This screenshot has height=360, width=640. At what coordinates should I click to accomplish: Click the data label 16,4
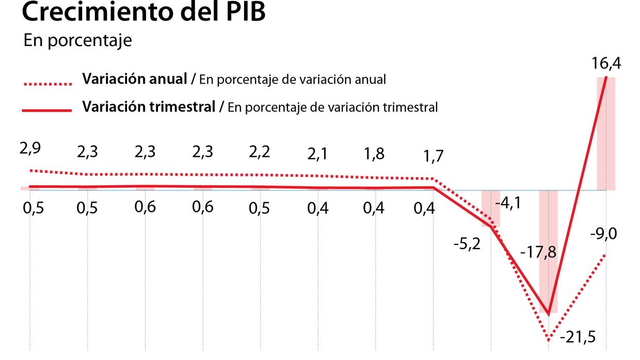[x=607, y=64]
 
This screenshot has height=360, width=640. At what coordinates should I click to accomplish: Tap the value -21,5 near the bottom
[x=578, y=337]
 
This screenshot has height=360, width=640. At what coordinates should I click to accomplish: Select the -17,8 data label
[x=538, y=253]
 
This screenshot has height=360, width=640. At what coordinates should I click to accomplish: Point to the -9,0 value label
[x=603, y=234]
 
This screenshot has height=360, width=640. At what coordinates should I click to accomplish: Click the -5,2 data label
[x=467, y=243]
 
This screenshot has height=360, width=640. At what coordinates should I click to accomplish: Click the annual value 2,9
[x=30, y=149]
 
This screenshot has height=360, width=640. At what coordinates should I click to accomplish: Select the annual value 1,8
[x=374, y=154]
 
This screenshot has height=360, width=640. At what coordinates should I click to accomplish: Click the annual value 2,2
[x=259, y=152]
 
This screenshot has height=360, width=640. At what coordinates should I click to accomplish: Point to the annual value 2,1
[x=317, y=153]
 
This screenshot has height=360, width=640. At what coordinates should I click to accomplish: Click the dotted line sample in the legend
[x=47, y=83]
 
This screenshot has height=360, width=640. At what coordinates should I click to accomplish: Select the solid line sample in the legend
[x=47, y=110]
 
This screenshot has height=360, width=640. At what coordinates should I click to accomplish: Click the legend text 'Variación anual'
[x=135, y=79]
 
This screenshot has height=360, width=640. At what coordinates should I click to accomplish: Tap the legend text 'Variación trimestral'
[x=149, y=107]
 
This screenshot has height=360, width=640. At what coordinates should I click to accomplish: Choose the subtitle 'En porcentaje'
[x=77, y=41]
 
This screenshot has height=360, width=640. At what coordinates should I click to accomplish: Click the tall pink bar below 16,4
[x=606, y=134]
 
